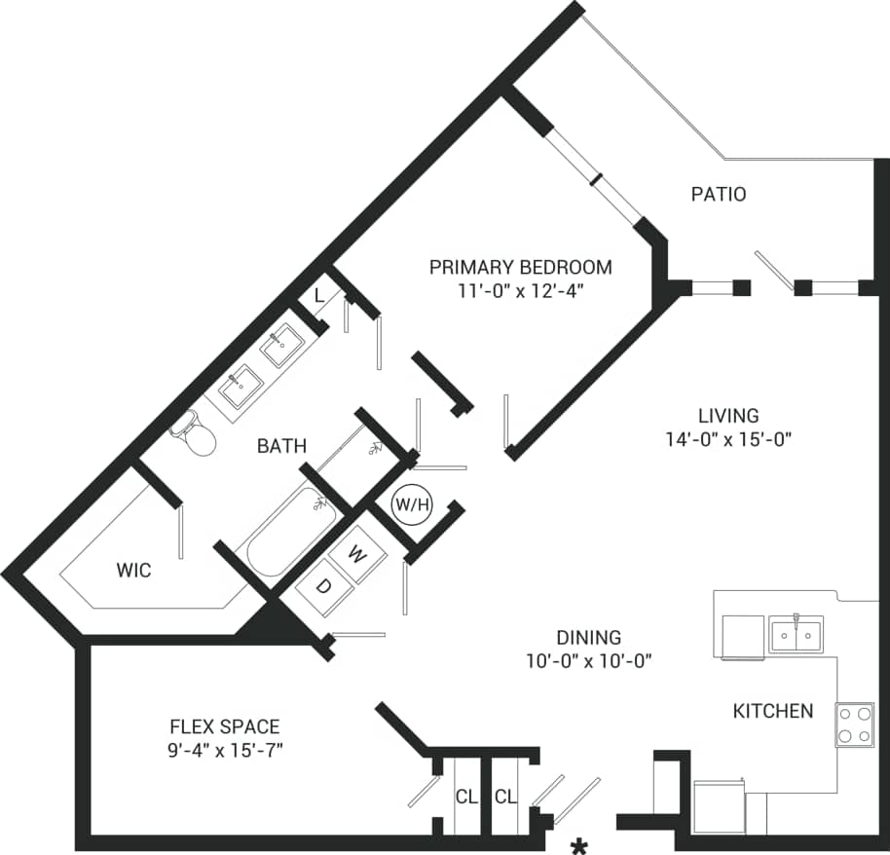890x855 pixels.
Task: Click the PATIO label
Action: click(x=719, y=194)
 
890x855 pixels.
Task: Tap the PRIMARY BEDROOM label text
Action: click(x=521, y=267)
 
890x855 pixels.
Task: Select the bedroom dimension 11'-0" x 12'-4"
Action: click(x=521, y=290)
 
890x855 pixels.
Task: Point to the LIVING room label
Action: click(x=728, y=416)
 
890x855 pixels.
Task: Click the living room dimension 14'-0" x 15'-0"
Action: click(x=728, y=439)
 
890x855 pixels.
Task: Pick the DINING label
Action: click(x=588, y=638)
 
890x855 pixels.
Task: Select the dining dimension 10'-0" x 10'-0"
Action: click(x=588, y=661)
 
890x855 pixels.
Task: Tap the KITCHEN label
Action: click(x=772, y=711)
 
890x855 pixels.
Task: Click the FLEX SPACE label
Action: click(x=225, y=726)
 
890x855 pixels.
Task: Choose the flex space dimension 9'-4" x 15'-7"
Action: click(x=225, y=750)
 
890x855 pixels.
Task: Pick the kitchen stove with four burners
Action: click(x=854, y=725)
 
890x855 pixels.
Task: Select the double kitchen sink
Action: click(x=796, y=634)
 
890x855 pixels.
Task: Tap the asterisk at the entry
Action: click(x=579, y=845)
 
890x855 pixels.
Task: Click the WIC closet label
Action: click(x=133, y=571)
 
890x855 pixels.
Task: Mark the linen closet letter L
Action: click(x=319, y=295)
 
